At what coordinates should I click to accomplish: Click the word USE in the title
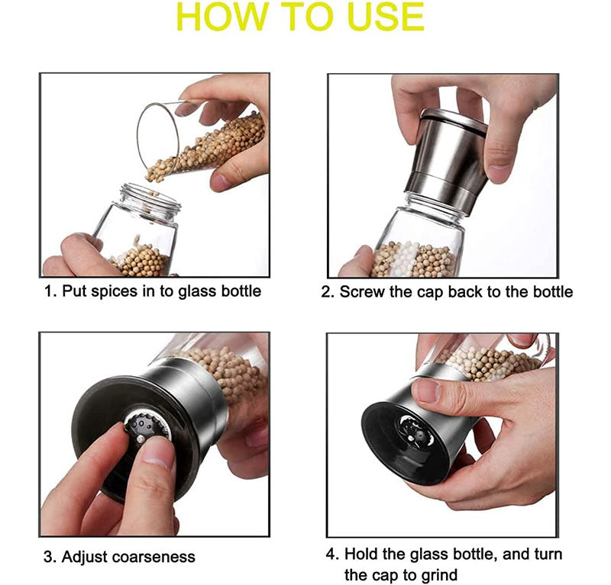coord(380,18)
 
